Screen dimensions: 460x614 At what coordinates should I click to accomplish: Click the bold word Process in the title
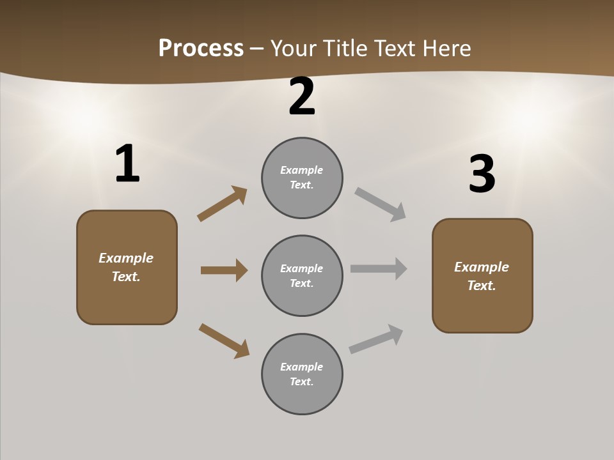pos(201,49)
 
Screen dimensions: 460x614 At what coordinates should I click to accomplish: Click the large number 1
pos(127,164)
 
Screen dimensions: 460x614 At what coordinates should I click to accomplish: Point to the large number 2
pos(302,96)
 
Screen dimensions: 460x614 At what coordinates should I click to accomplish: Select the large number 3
pos(482,174)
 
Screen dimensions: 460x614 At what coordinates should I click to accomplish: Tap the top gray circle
pos(302,178)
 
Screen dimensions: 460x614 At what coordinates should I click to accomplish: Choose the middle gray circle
pos(302,275)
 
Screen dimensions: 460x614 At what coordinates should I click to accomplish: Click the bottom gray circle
pos(302,374)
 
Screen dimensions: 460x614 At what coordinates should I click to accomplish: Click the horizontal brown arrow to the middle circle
pos(224,270)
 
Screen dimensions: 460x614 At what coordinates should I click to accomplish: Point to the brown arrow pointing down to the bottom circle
pos(224,340)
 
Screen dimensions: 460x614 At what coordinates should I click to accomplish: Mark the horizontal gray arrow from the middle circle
pos(379,269)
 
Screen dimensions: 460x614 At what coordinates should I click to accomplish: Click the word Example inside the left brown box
pos(126,258)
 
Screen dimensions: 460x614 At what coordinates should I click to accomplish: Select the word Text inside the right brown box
pos(481,286)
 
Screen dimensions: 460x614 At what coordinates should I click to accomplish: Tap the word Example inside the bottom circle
pos(301,367)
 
